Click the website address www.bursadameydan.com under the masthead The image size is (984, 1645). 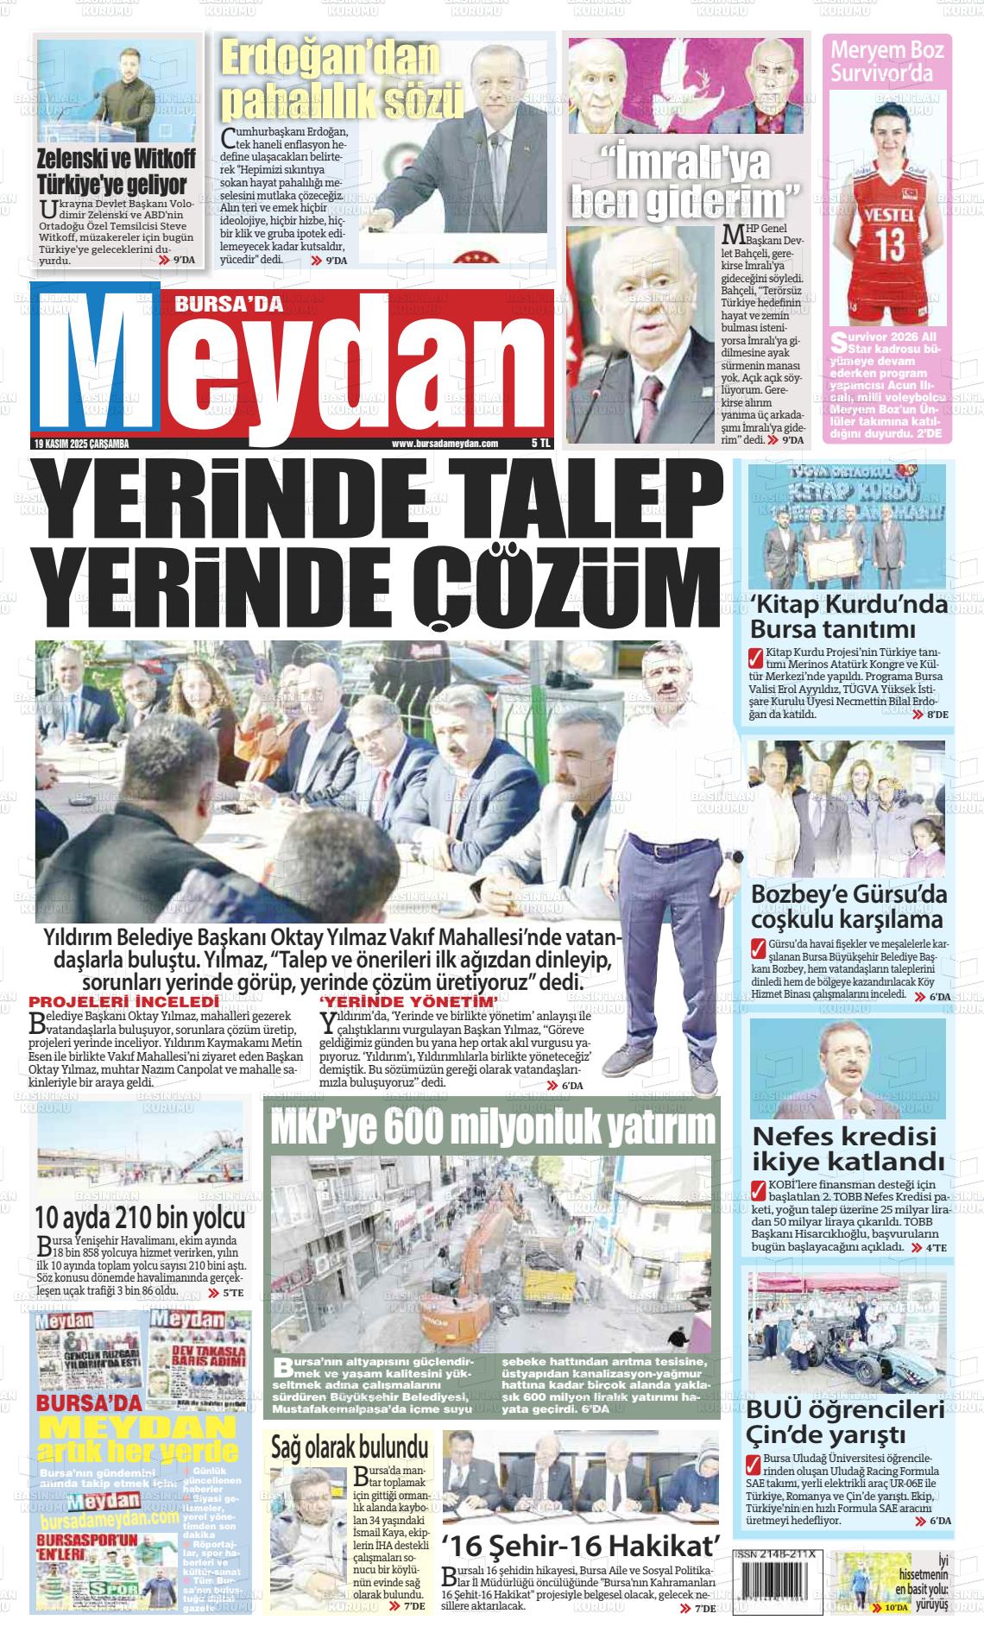pos(445,444)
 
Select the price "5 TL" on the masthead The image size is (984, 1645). pos(540,443)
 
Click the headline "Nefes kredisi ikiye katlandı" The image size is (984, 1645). pos(845,1145)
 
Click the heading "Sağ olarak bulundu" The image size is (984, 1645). pos(350,1446)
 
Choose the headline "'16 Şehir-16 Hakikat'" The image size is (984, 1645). pos(580,1543)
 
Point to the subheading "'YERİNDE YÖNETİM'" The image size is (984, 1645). pos(409,1001)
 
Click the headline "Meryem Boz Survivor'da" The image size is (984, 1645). pos(886,60)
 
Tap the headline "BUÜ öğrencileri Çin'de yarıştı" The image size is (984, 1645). pos(845,1423)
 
